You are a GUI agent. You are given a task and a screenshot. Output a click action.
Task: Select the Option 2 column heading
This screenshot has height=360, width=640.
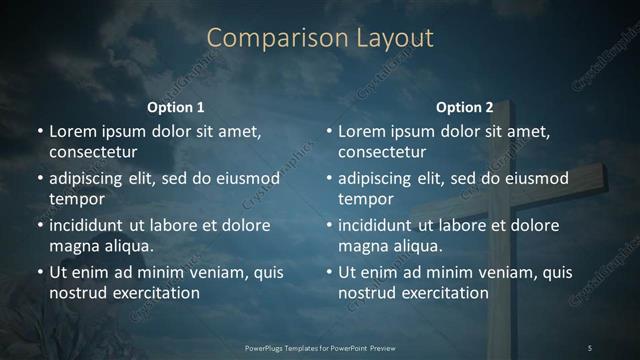pyautogui.click(x=465, y=107)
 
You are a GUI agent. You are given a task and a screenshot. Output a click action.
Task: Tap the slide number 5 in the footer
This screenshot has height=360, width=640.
pyautogui.click(x=590, y=347)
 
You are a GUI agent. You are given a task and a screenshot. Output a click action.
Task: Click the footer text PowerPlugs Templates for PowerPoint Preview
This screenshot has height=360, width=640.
pyautogui.click(x=319, y=347)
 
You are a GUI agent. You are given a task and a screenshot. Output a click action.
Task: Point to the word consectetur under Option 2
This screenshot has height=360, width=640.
pyautogui.click(x=382, y=152)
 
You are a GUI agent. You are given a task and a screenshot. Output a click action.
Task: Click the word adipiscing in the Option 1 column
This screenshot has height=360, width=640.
pyautogui.click(x=92, y=179)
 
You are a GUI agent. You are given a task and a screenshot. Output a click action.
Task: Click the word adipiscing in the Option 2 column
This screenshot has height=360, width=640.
pyautogui.click(x=381, y=179)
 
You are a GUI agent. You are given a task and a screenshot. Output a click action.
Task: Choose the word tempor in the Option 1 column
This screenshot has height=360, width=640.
pyautogui.click(x=74, y=199)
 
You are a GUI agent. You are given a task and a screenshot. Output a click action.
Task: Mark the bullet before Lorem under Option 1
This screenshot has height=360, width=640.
pyautogui.click(x=39, y=131)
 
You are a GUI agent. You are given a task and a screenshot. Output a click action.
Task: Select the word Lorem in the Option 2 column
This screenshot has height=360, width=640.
pyautogui.click(x=361, y=131)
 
